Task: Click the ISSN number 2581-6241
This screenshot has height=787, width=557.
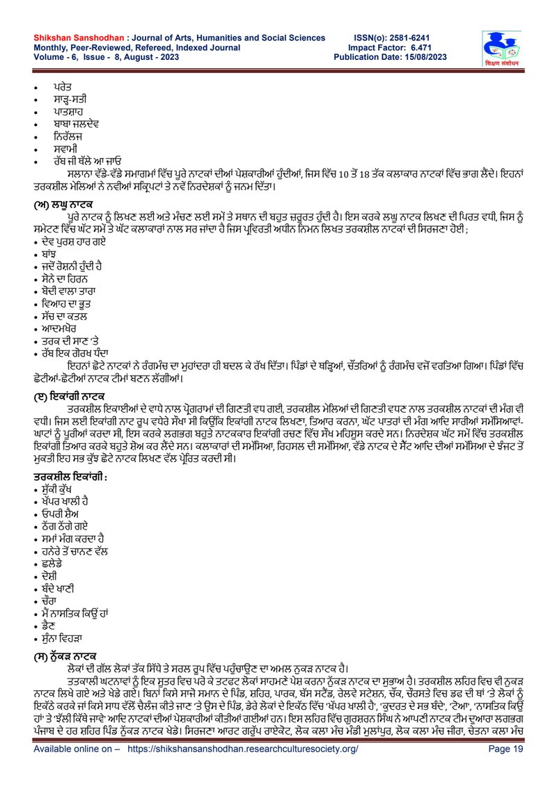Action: coord(418,36)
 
